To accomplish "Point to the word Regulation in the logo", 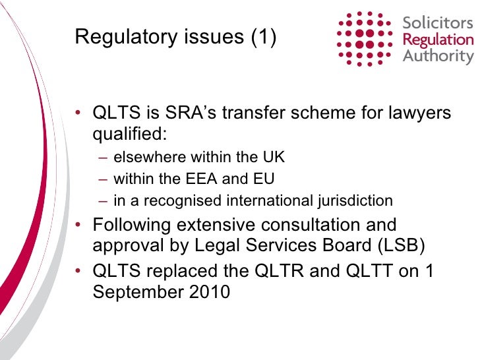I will (438, 40).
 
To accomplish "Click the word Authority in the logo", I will (438, 55).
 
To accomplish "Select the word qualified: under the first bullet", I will (130, 135).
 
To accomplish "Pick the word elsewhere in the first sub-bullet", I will (150, 157).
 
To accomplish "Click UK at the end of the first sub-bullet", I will (275, 157).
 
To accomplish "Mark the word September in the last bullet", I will (138, 292).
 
